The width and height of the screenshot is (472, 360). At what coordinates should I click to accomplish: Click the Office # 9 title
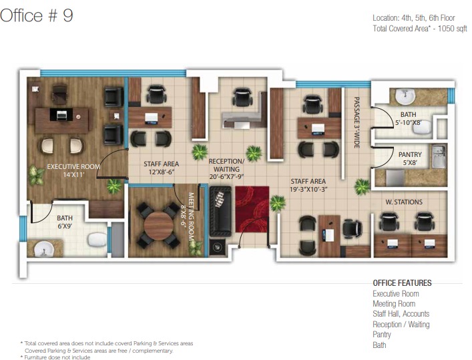point(37,15)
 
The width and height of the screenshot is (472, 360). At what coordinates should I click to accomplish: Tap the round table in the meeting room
point(158,225)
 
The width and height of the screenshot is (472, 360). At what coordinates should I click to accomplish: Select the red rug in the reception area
point(252,209)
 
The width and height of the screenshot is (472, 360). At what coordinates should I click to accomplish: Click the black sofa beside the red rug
point(220,211)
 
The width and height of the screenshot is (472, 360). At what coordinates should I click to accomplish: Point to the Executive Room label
point(73,166)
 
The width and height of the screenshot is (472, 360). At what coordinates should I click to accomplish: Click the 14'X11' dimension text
point(73,175)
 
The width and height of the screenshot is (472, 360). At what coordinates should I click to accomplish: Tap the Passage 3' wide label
point(357,122)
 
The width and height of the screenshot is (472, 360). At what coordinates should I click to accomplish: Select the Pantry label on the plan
point(410,154)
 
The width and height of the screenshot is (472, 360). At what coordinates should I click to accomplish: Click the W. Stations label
point(404,202)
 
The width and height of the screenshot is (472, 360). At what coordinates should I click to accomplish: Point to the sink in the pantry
point(439,156)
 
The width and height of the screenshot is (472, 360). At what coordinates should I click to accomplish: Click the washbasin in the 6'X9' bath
point(44,249)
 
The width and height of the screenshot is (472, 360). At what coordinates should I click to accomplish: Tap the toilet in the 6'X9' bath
point(97,240)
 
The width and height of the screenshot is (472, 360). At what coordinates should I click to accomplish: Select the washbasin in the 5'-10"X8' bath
point(405,96)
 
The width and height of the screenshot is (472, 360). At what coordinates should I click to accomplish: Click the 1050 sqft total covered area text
point(452,29)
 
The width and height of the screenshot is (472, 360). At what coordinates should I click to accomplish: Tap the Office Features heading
point(402,283)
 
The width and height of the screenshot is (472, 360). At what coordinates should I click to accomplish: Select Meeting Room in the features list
point(394,304)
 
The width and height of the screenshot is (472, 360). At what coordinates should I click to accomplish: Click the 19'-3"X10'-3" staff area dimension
point(308,189)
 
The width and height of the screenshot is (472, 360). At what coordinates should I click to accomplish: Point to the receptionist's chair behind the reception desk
point(242,97)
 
